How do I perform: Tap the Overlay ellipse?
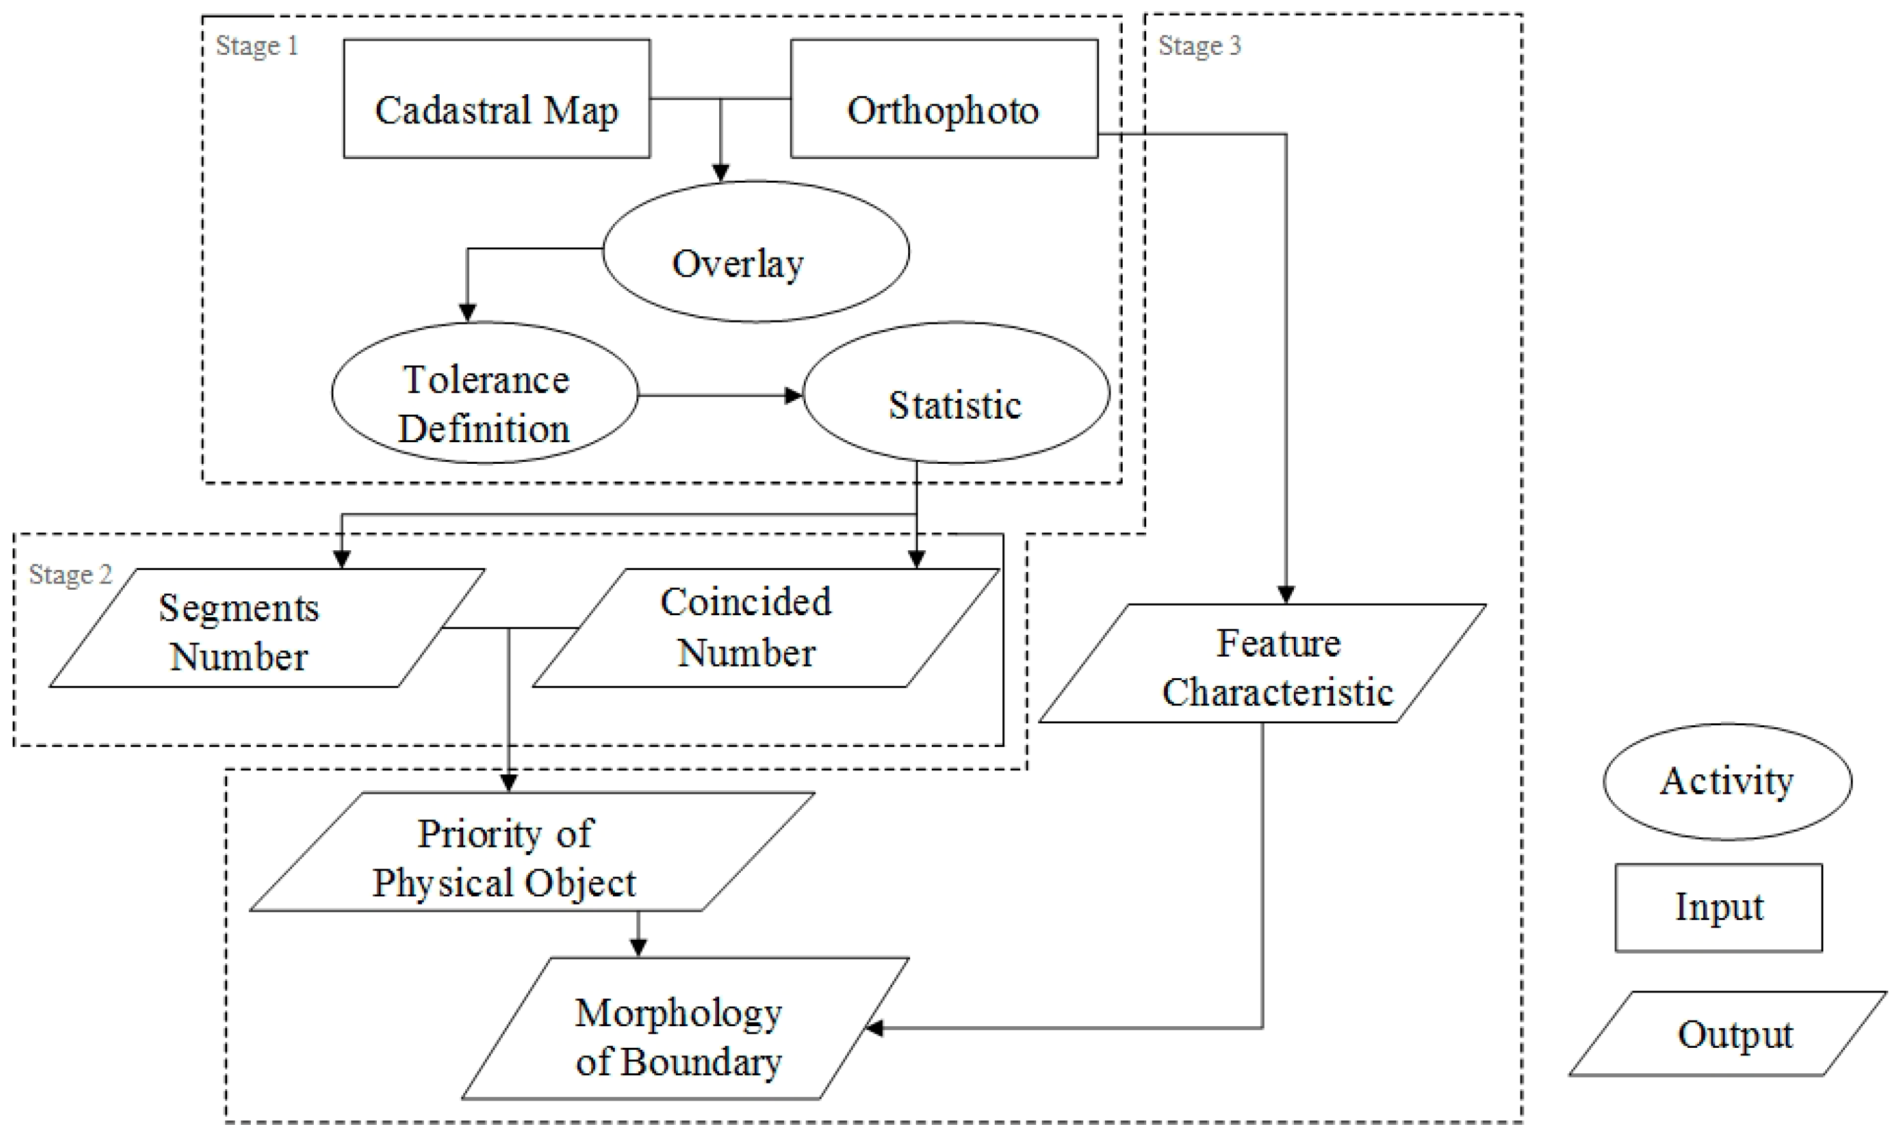(756, 252)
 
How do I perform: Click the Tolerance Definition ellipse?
(485, 393)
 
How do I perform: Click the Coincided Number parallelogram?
(765, 629)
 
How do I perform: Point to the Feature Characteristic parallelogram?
(1262, 664)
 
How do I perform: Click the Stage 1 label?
(257, 46)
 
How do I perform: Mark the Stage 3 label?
(1200, 46)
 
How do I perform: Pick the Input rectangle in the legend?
(1718, 908)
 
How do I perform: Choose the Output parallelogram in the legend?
(1727, 1034)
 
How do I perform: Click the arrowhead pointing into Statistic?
(794, 396)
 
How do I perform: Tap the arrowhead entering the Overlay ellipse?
(720, 173)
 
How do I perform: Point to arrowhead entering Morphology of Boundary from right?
(874, 1029)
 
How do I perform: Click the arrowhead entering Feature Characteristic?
(1286, 594)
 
